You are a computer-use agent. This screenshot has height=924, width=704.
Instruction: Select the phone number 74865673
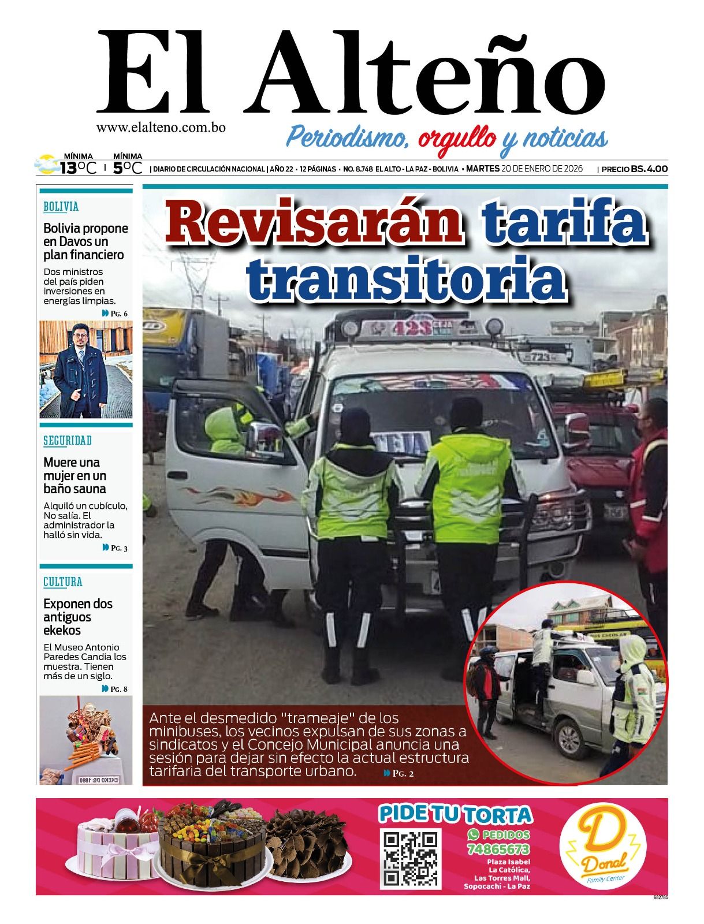(498, 850)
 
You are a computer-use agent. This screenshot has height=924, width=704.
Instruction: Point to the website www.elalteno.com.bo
(161, 128)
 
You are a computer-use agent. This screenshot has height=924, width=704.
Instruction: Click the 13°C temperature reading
(77, 168)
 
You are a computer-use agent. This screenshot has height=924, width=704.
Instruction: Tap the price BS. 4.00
(649, 169)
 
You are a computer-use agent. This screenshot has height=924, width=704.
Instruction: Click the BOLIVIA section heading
(61, 206)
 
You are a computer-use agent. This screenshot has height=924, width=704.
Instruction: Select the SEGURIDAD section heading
(68, 441)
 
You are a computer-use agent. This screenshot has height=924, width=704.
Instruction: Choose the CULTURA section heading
(63, 582)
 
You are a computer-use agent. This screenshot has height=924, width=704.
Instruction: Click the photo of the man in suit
(85, 369)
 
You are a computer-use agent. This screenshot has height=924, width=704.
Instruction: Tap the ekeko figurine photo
(85, 739)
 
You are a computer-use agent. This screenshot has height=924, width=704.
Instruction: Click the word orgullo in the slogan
(457, 139)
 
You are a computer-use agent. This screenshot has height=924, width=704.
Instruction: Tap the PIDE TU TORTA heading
(455, 814)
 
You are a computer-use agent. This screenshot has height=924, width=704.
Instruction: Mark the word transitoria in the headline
(406, 276)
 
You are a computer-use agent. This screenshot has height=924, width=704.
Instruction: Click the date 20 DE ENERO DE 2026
(542, 169)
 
